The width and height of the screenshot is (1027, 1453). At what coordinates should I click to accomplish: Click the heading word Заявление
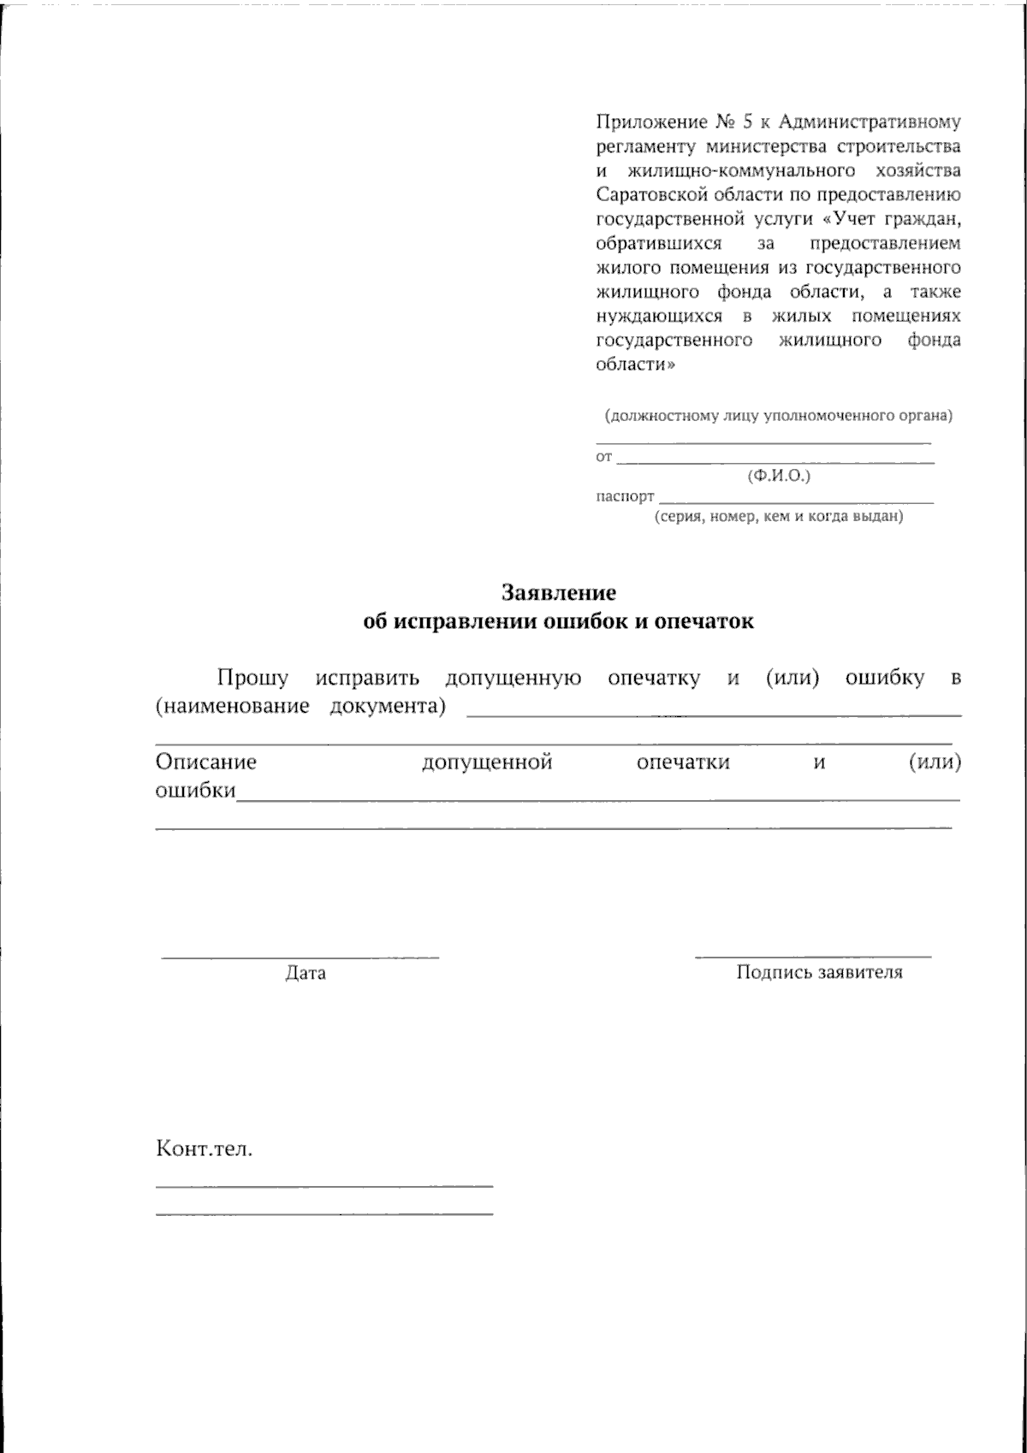558,592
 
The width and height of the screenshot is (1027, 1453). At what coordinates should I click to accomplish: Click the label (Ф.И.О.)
778,476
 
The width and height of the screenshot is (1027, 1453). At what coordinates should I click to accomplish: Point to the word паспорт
625,496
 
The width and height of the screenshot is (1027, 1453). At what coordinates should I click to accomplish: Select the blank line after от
775,462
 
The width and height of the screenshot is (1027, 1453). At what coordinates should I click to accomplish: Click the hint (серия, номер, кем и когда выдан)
779,517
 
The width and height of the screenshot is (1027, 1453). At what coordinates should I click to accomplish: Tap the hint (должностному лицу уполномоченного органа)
778,417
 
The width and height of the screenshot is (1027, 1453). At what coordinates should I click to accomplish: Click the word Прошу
252,679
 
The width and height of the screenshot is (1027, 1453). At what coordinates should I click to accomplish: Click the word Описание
205,762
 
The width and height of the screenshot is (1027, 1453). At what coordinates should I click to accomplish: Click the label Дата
306,974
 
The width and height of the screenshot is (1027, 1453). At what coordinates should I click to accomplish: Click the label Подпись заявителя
819,973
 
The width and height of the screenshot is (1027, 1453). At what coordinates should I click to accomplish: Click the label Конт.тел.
204,1149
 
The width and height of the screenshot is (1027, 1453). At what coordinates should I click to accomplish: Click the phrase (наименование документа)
300,708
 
